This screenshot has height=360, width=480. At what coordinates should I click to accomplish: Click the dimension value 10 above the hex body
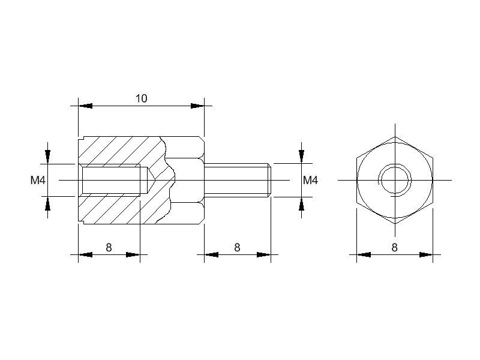coord(142,98)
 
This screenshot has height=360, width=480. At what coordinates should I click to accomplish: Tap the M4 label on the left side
coord(38,181)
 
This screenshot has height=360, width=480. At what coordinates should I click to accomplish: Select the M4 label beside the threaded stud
coord(310,181)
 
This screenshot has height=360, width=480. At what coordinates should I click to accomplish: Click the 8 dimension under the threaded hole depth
coord(109,247)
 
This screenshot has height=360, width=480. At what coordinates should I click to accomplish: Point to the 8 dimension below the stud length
coord(237,247)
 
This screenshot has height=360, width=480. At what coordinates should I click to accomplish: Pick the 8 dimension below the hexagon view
coord(395,247)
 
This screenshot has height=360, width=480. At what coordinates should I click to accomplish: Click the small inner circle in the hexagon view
coord(395,180)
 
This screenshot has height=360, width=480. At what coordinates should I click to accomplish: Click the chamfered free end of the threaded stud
coord(269,180)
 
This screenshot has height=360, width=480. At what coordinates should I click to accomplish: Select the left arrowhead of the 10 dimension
coord(85,106)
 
